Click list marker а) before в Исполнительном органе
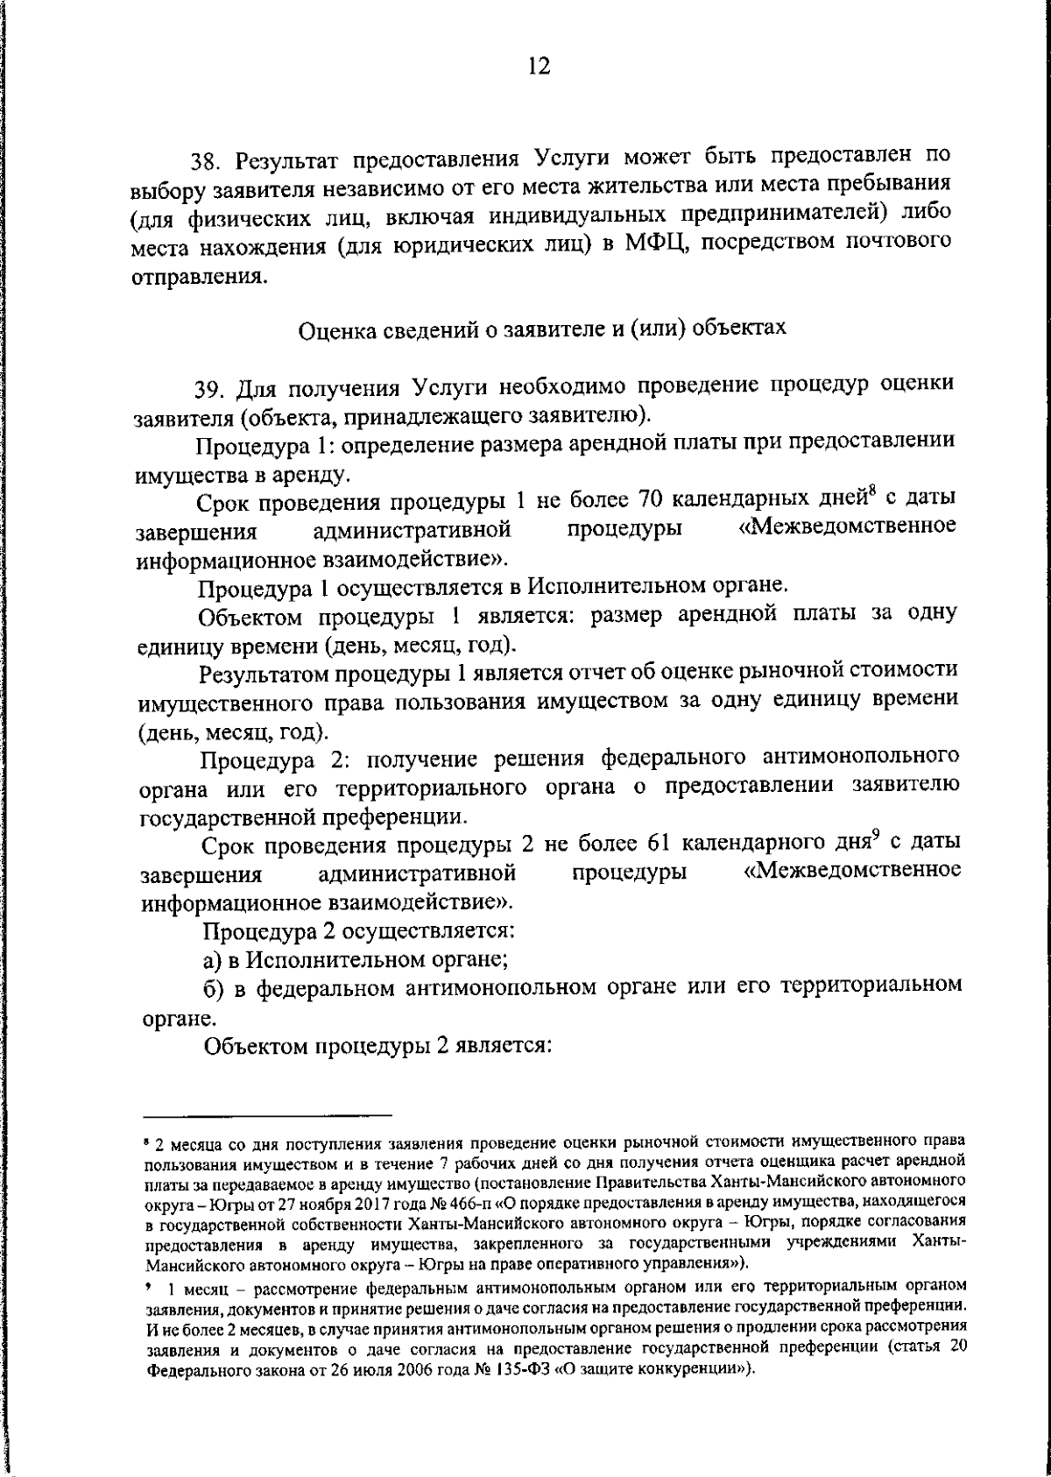point(213,958)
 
